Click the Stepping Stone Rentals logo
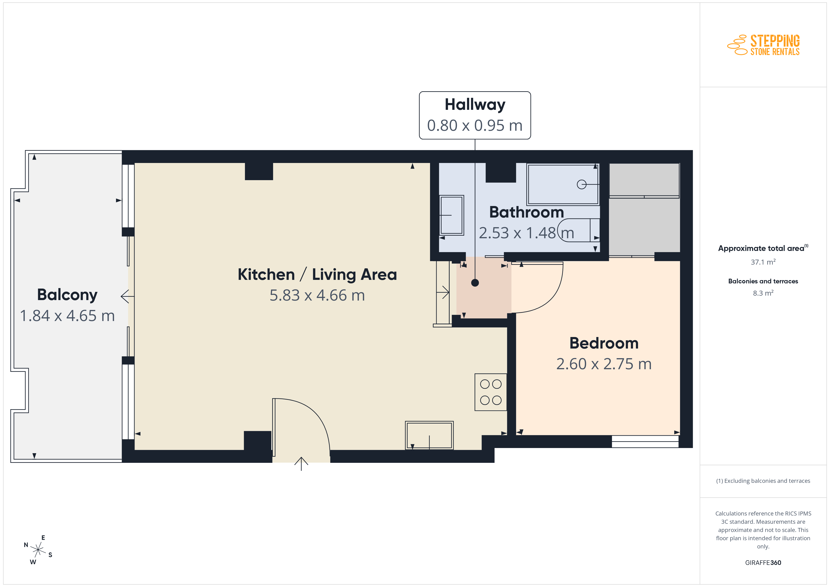click(763, 45)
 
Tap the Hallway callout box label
click(475, 104)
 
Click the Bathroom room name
click(526, 212)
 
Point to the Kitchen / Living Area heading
click(317, 274)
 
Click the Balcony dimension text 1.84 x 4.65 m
click(67, 316)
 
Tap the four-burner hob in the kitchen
click(491, 392)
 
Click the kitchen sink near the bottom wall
click(429, 435)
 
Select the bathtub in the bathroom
click(563, 184)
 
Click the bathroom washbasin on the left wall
click(451, 215)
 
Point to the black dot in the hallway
click(475, 283)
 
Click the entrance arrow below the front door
click(301, 464)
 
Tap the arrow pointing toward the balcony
click(127, 296)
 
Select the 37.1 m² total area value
click(763, 262)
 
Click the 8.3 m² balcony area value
click(763, 293)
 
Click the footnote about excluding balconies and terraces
click(763, 481)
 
